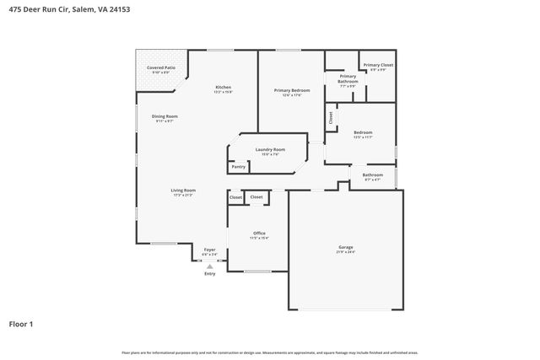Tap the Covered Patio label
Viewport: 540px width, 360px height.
click(x=161, y=68)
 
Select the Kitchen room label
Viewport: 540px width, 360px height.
click(x=223, y=89)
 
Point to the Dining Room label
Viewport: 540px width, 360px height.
click(x=165, y=117)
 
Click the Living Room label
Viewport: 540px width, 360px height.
click(x=183, y=191)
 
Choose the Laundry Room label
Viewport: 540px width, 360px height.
click(x=270, y=151)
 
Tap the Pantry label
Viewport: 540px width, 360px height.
click(x=239, y=166)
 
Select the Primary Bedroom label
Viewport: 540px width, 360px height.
click(x=291, y=91)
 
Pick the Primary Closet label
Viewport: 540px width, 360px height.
click(x=377, y=66)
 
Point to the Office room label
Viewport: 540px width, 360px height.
click(x=259, y=234)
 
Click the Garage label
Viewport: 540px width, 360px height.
click(x=346, y=248)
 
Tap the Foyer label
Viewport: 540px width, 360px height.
click(x=210, y=250)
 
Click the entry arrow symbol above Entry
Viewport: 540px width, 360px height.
click(x=210, y=266)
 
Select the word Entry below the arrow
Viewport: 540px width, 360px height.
click(x=210, y=273)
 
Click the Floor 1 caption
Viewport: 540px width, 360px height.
click(x=22, y=323)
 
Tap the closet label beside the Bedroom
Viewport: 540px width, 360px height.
click(x=331, y=118)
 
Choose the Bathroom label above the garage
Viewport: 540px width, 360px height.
click(x=372, y=176)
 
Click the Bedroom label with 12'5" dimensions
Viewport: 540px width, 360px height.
click(x=363, y=133)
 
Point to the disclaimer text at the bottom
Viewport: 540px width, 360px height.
click(x=269, y=352)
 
